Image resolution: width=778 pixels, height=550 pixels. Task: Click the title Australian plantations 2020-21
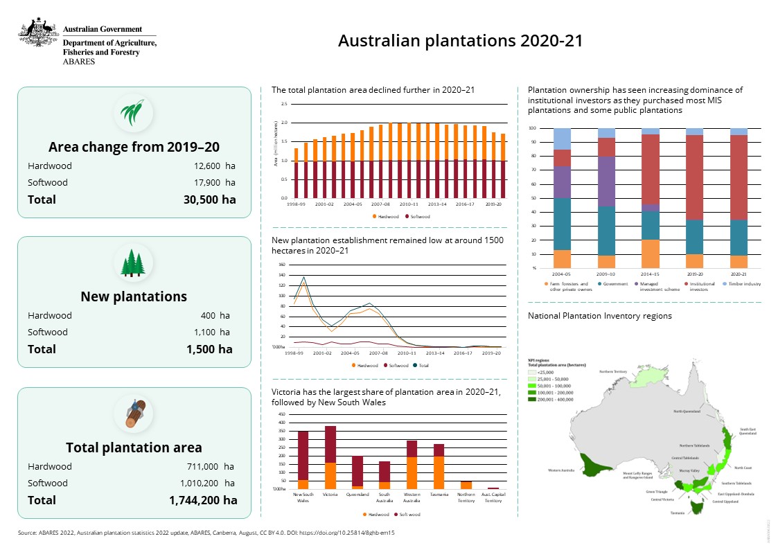pyautogui.click(x=460, y=41)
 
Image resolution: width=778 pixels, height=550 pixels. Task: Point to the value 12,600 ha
pyautogui.click(x=215, y=166)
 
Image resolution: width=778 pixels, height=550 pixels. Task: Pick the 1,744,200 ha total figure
pyautogui.click(x=202, y=500)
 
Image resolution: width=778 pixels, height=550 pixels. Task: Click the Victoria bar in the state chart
pyautogui.click(x=330, y=457)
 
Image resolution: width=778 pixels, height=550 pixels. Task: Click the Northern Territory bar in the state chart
pyautogui.click(x=466, y=485)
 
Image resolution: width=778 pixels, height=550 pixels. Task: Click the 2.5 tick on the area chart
pyautogui.click(x=284, y=104)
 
